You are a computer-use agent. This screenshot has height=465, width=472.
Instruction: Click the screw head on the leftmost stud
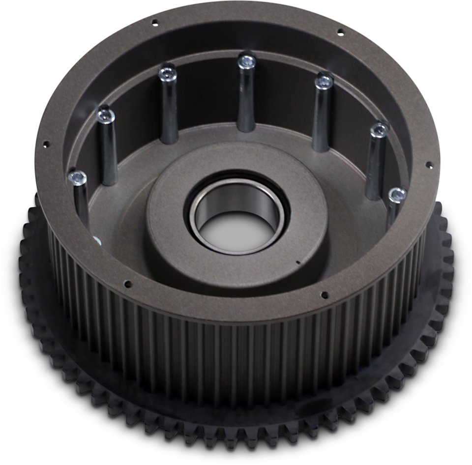pos(77,177)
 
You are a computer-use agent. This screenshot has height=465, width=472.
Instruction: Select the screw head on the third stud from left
pos(167,74)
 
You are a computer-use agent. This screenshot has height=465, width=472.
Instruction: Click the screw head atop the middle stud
pos(246,61)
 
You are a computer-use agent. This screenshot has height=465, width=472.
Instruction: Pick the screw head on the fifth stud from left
pos(324,81)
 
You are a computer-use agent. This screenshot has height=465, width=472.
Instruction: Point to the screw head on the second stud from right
pos(379,130)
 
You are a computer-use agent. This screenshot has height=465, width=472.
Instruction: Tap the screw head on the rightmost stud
pos(397,194)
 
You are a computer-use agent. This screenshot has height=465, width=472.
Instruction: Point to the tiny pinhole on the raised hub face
pos(298,262)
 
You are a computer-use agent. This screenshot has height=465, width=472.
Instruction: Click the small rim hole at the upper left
pos(154,22)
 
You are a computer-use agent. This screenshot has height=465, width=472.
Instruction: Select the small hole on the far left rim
pos(46,145)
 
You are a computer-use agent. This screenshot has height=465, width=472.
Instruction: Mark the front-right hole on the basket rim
pos(324,295)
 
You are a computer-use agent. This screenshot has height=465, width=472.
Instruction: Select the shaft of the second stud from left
pos(109,152)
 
